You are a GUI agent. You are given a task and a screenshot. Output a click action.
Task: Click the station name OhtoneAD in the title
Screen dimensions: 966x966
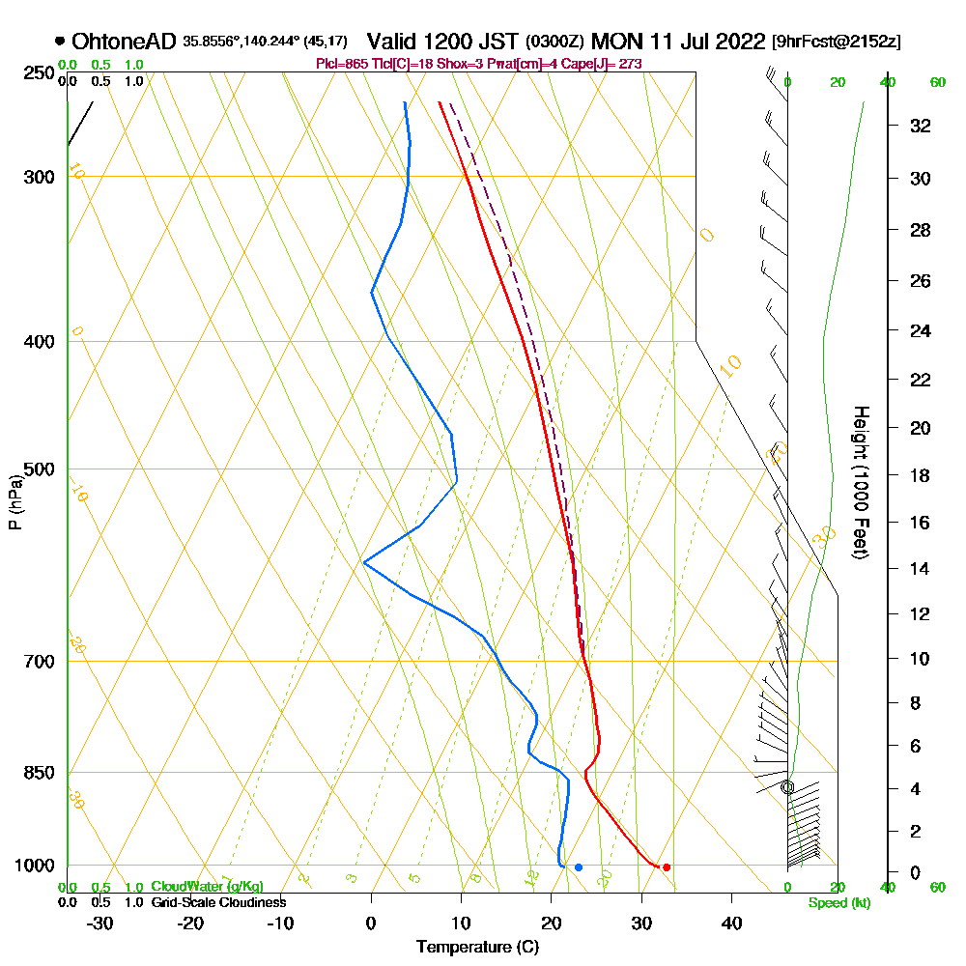pos(125,42)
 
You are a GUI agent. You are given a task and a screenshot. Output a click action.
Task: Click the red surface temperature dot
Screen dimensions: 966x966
pos(667,867)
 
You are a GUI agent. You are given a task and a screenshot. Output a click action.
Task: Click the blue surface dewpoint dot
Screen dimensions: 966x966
pos(579,867)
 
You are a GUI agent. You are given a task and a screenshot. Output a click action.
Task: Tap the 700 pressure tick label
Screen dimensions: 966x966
pos(40,662)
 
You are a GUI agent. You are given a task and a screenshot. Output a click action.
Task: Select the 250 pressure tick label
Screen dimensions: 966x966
pos(40,73)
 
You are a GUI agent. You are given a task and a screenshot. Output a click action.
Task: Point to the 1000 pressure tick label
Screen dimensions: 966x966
pos(36,866)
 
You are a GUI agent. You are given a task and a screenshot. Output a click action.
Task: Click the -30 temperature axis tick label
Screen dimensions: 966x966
pos(100,923)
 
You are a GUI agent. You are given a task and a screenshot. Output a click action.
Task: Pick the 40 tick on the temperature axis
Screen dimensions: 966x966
pos(731,923)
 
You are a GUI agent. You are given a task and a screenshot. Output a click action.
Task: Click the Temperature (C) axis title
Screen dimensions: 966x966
pos(477,948)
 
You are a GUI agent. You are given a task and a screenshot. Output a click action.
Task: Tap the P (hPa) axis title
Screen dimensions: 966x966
pos(14,502)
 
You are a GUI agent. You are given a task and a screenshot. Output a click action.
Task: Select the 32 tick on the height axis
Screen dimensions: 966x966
pos(922,126)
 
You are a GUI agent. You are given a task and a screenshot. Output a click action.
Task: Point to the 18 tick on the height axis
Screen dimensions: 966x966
pos(922,475)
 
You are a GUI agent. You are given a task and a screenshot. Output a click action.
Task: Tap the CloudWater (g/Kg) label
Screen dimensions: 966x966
pos(207,887)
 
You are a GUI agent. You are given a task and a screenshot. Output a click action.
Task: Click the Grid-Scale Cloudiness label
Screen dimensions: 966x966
pos(218,902)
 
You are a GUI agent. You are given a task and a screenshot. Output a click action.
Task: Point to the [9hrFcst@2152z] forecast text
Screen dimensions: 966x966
pos(837,43)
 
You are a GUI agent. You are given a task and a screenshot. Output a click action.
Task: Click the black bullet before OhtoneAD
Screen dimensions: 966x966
pos(60,42)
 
